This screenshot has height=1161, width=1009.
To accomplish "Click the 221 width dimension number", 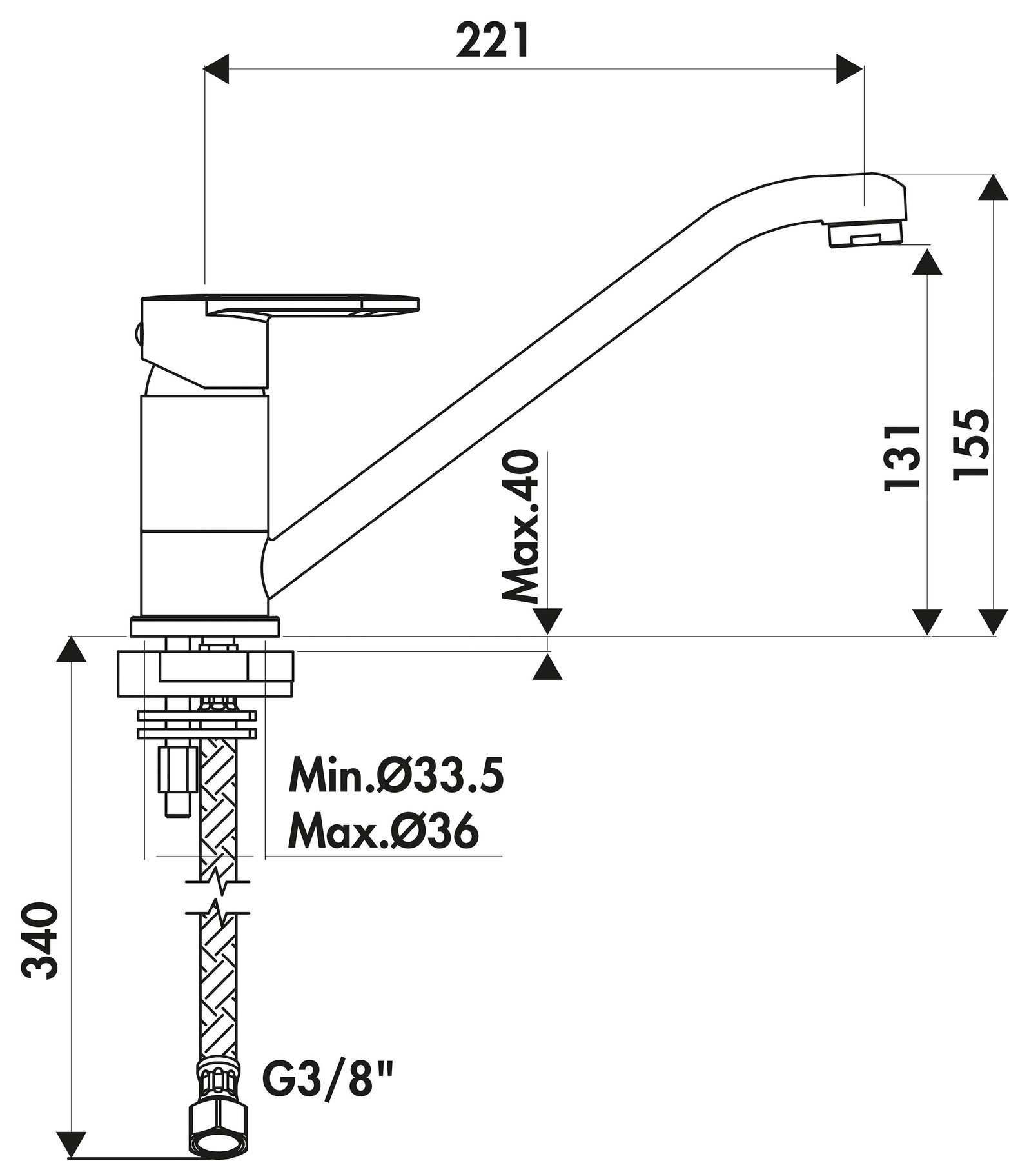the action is [x=493, y=40].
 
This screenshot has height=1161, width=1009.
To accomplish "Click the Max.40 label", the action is [x=520, y=525].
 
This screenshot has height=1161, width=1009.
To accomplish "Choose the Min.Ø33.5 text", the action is [x=396, y=775].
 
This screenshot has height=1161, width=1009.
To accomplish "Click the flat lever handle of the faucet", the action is [x=313, y=306].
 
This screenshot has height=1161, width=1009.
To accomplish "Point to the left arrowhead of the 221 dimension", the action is [x=216, y=68].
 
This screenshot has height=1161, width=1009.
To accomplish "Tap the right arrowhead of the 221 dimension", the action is [x=850, y=68].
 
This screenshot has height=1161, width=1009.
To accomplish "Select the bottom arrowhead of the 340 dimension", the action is [x=71, y=1135].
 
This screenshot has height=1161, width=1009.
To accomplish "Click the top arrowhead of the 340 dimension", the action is [x=71, y=650].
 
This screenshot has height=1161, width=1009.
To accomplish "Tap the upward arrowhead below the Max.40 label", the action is [x=547, y=667].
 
